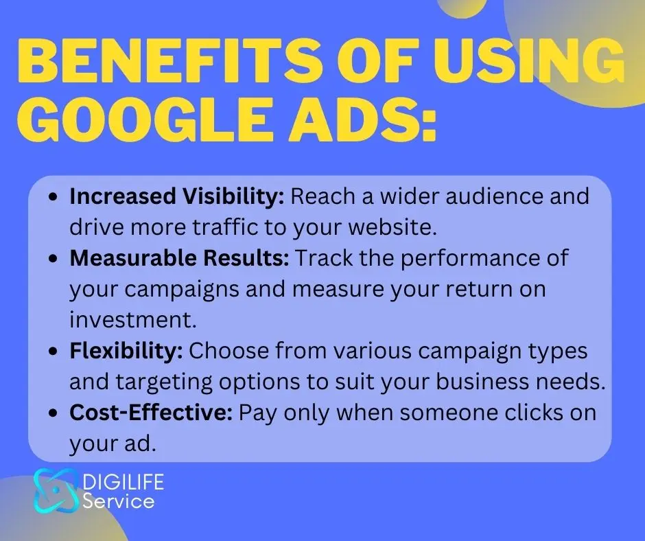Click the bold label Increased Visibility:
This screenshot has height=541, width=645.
(177, 196)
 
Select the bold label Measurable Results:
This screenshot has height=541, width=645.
(179, 258)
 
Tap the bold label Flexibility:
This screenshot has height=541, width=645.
(126, 352)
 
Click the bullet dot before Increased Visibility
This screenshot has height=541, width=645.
(52, 197)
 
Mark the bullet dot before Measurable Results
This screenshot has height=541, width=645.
(52, 260)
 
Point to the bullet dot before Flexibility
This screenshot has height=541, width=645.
(52, 352)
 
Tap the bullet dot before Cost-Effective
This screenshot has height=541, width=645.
(52, 414)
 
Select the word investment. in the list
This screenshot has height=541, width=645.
(133, 320)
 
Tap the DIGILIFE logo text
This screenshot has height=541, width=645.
(124, 482)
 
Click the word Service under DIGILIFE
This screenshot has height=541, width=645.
(119, 501)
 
